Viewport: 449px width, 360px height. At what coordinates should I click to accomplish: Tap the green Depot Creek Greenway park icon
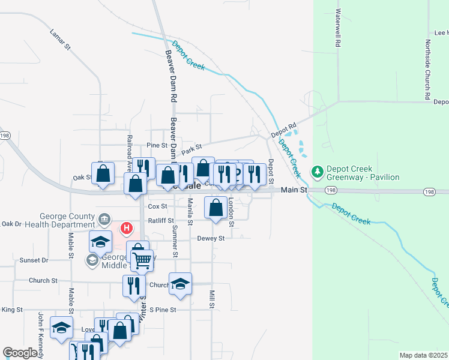(x=318, y=173)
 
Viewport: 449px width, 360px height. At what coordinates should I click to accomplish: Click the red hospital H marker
(x=127, y=228)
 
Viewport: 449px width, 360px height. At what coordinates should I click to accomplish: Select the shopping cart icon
(x=142, y=260)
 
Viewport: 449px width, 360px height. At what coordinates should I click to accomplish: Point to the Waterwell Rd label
(x=339, y=28)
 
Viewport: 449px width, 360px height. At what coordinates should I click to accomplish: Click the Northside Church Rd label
(x=427, y=70)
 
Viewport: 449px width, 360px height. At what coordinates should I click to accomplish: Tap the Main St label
(x=295, y=190)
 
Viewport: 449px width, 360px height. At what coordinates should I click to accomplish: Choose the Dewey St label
(x=211, y=238)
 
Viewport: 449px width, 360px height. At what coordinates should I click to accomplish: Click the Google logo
(x=20, y=353)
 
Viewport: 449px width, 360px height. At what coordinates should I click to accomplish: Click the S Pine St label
(x=163, y=310)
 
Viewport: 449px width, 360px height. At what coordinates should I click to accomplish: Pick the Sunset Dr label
(x=34, y=260)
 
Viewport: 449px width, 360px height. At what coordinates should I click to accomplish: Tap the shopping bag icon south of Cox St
(x=215, y=208)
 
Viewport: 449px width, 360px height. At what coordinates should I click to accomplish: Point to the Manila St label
(x=190, y=212)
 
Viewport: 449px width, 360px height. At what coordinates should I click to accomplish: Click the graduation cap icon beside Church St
(x=180, y=284)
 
